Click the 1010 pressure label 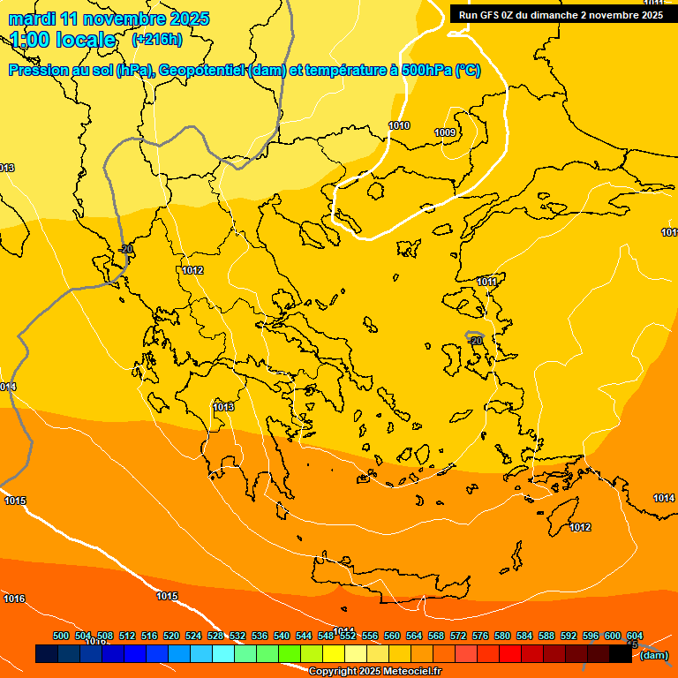399,126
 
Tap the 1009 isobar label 445,133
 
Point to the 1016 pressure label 14,599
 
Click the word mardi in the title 31,19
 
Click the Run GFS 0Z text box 561,15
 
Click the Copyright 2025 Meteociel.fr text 374,671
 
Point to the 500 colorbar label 61,636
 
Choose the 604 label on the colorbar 635,636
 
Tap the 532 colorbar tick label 237,636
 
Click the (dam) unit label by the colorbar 653,655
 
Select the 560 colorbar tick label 392,636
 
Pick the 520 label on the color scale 171,636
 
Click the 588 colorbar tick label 546,636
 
